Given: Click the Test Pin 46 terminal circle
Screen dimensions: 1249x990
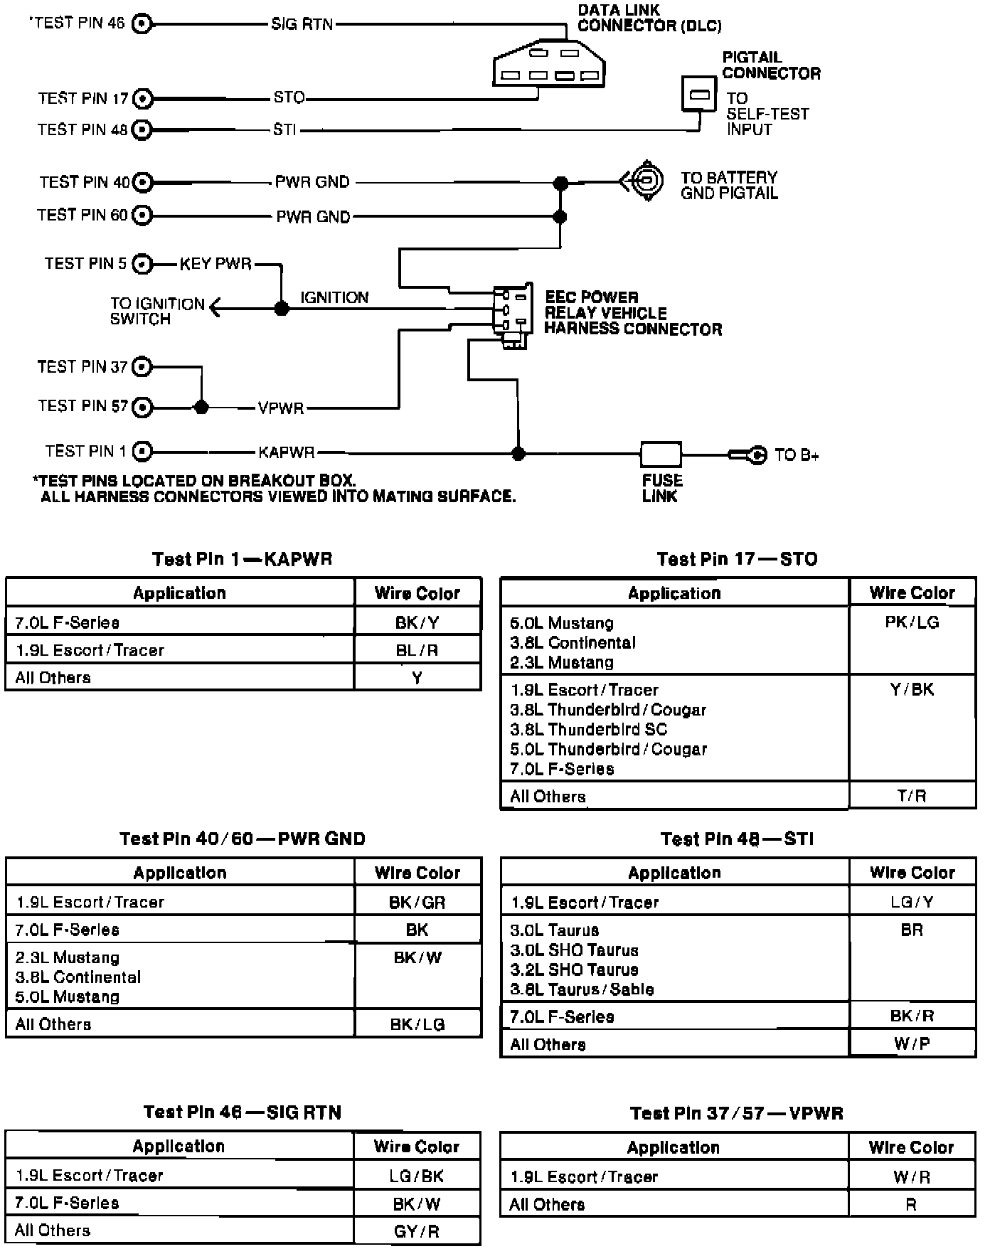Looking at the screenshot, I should (x=143, y=23).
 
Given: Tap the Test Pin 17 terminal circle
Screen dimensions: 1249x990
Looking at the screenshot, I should (x=143, y=98).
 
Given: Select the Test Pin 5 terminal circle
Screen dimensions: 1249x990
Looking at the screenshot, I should (x=143, y=264).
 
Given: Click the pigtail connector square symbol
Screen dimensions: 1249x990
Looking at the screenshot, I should (x=698, y=94).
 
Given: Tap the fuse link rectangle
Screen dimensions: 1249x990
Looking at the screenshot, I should (x=661, y=454).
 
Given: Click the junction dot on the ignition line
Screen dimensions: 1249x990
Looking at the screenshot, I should (x=282, y=308).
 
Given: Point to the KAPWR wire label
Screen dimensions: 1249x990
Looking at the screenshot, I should (x=286, y=452).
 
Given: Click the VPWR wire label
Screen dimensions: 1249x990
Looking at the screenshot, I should (x=281, y=408).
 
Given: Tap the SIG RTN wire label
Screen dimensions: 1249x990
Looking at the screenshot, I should (x=302, y=24).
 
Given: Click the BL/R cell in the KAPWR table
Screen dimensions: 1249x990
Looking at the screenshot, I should (x=417, y=650).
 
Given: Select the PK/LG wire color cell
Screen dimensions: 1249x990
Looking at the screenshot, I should (x=912, y=623).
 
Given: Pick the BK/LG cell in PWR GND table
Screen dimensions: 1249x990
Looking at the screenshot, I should (x=417, y=1024).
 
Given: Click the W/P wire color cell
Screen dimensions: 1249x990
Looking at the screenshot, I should (x=912, y=1044).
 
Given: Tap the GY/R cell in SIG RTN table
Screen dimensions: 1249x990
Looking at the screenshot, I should (x=416, y=1231).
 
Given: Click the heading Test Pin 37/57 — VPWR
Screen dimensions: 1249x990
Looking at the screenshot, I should (x=736, y=1113).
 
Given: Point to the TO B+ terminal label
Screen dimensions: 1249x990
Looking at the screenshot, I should (x=797, y=455).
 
